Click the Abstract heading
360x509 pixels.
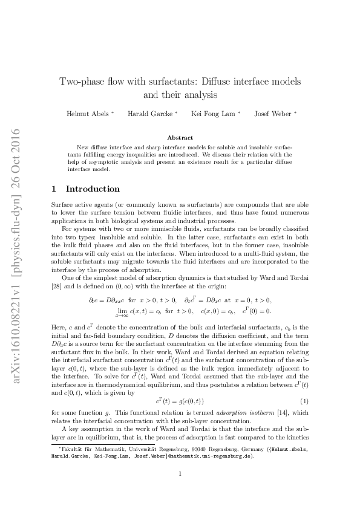click(x=180, y=138)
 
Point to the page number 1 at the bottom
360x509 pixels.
click(x=180, y=473)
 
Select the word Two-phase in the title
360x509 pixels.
click(x=81, y=82)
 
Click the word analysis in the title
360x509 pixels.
click(x=200, y=94)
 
